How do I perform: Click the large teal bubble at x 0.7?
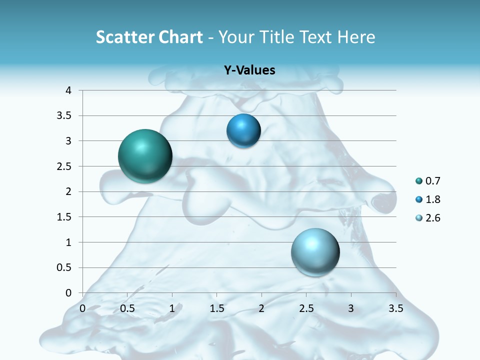[x=145, y=156]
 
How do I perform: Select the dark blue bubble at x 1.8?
[x=243, y=131]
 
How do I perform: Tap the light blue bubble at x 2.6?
[x=315, y=252]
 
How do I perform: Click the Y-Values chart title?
[x=249, y=70]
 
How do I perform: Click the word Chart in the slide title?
[x=180, y=37]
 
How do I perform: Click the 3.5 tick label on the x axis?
[x=396, y=308]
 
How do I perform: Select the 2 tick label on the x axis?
[x=261, y=308]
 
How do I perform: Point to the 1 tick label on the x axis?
[x=172, y=308]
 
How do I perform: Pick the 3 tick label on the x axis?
[x=351, y=308]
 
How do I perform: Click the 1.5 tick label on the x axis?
[x=217, y=308]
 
